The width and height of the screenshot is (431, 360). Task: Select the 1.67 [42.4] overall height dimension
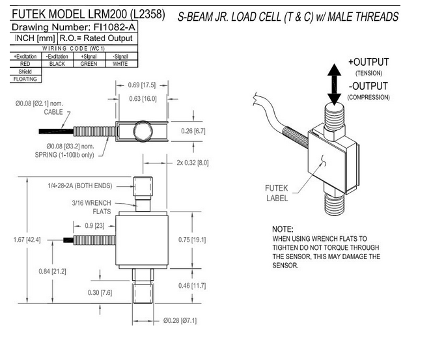tap(27, 240)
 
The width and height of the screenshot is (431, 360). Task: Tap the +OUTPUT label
tap(368, 62)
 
